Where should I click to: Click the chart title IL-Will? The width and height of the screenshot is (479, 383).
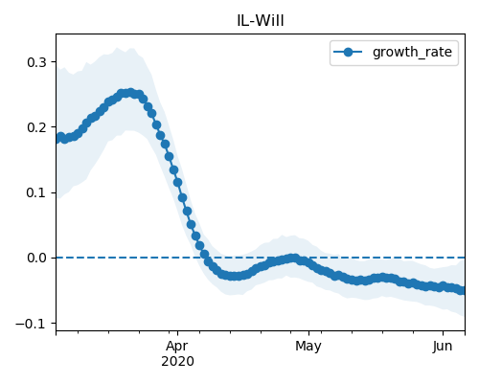click(261, 21)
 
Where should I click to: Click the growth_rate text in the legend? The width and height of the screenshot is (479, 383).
click(412, 52)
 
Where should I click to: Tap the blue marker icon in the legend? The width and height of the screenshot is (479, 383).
click(348, 52)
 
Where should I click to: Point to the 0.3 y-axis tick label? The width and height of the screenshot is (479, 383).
click(36, 62)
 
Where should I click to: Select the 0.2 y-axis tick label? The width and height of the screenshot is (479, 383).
click(36, 127)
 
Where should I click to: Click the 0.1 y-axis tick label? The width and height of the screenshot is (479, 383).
click(36, 192)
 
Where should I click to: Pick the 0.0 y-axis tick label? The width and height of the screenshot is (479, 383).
click(36, 258)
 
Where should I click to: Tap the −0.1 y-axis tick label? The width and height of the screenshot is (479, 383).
click(31, 324)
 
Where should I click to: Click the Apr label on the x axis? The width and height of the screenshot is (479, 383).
click(177, 347)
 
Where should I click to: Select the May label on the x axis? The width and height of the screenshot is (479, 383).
click(308, 347)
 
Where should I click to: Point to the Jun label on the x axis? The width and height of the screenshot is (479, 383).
click(443, 346)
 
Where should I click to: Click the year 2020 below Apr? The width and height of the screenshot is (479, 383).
click(177, 362)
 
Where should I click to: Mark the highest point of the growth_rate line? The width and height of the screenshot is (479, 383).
click(130, 93)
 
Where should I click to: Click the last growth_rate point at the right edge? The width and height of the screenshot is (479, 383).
click(463, 290)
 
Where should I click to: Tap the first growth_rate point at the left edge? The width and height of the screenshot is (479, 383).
click(58, 139)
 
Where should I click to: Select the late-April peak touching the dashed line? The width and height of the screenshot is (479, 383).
click(294, 258)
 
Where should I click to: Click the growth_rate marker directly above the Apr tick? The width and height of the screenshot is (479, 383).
click(178, 183)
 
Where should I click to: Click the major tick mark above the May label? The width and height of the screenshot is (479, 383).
click(308, 333)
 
